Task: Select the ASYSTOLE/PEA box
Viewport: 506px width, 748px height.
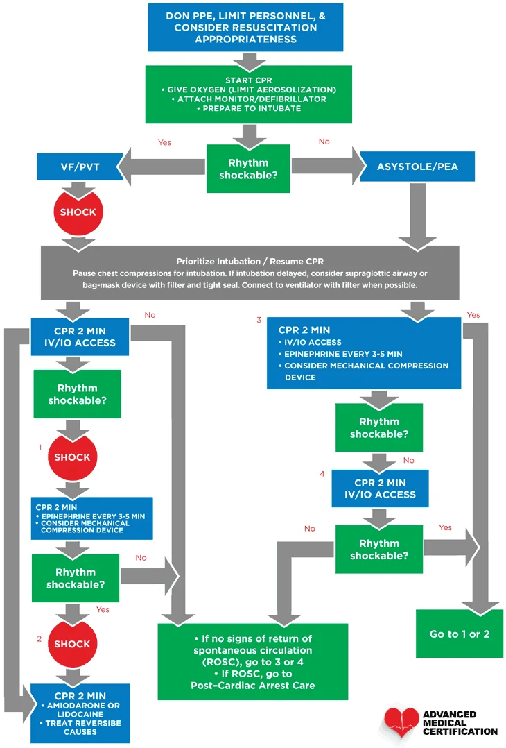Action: click(x=417, y=167)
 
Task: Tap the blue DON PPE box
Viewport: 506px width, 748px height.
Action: click(x=245, y=27)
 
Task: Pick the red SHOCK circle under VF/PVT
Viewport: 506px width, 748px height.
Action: click(x=78, y=212)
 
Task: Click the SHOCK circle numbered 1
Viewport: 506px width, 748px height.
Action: click(x=72, y=457)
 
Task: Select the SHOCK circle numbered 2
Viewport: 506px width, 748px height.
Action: click(x=72, y=643)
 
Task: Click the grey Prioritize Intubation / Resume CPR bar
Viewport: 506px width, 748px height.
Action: click(x=250, y=272)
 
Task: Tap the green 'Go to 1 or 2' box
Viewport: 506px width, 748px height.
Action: click(x=460, y=634)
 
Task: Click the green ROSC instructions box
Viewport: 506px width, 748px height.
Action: click(x=252, y=661)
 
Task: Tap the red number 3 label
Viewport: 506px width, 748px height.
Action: click(x=259, y=320)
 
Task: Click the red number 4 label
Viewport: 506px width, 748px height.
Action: click(x=322, y=474)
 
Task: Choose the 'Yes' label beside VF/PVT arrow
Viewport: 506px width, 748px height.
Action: click(x=164, y=142)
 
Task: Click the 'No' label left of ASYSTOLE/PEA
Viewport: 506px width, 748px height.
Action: click(x=324, y=142)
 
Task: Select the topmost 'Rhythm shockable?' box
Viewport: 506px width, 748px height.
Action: click(x=247, y=169)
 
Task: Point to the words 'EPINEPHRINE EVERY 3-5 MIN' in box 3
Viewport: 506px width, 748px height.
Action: click(x=343, y=354)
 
